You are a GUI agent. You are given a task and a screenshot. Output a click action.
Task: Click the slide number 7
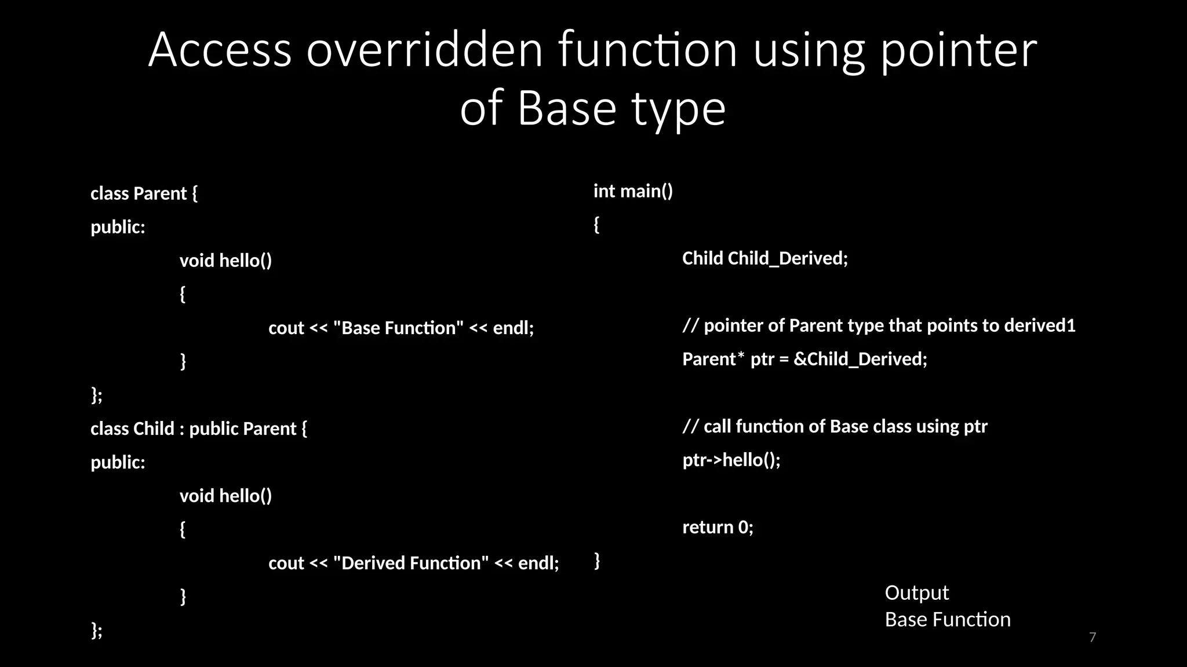point(1093,637)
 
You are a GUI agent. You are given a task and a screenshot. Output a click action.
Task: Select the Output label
point(916,593)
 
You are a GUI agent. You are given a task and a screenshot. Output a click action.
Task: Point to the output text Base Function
point(947,620)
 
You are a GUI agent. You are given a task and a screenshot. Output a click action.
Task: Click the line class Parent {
point(144,193)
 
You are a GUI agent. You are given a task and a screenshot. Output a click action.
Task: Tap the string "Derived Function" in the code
point(411,563)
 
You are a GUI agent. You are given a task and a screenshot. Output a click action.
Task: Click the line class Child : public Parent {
point(199,428)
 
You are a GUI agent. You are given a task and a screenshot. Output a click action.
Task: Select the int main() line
point(633,191)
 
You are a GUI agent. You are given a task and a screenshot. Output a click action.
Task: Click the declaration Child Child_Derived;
point(764,258)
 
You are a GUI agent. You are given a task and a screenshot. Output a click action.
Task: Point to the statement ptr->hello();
point(731,460)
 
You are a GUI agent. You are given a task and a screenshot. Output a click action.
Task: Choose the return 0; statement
point(718,527)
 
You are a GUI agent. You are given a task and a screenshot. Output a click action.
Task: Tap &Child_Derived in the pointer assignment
point(860,359)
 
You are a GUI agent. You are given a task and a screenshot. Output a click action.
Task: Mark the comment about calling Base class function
point(835,427)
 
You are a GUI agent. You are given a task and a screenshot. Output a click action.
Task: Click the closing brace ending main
point(597,560)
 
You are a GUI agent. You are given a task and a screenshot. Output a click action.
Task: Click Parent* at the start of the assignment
point(713,359)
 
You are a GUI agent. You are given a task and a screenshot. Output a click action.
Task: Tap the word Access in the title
point(220,50)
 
